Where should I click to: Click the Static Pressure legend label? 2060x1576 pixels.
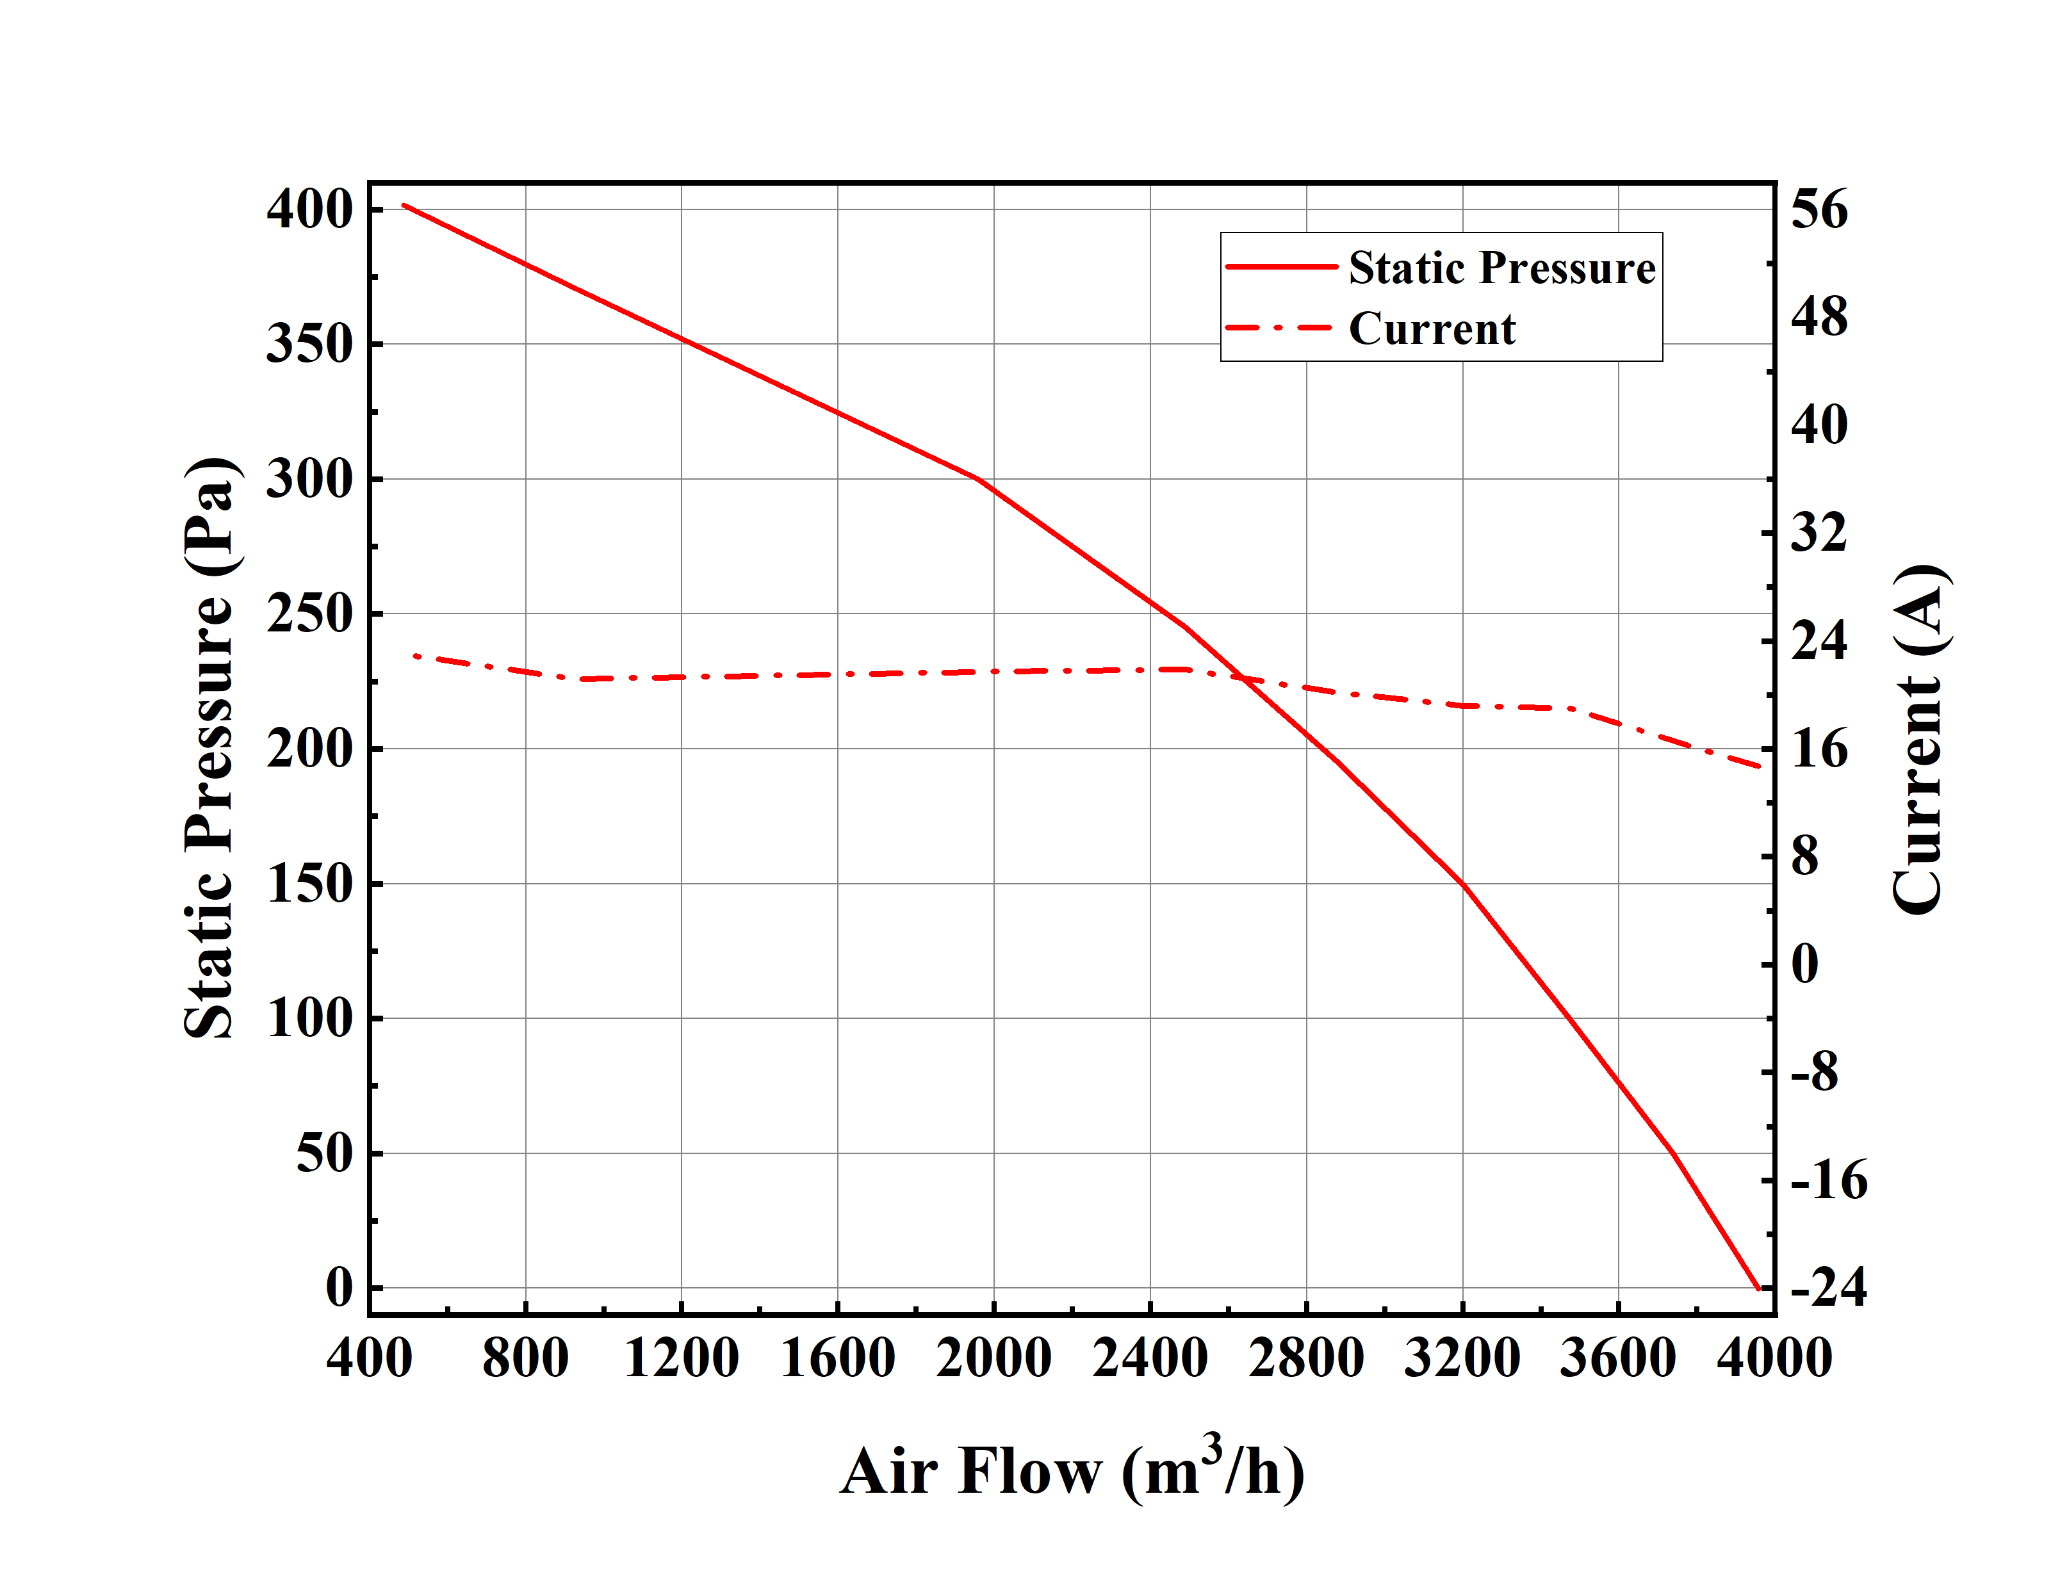(x=1501, y=268)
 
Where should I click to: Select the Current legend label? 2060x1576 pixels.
(x=1432, y=329)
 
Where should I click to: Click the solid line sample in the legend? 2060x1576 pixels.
(x=1280, y=267)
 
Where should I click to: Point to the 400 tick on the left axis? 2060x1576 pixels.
(x=309, y=209)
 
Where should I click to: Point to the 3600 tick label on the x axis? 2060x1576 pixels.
(x=1617, y=1358)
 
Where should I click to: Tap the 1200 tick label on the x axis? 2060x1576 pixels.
(x=681, y=1358)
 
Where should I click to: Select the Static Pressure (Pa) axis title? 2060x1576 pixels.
(x=208, y=748)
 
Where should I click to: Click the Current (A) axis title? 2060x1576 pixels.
(x=1917, y=738)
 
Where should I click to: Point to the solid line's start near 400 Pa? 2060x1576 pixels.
(x=404, y=204)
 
